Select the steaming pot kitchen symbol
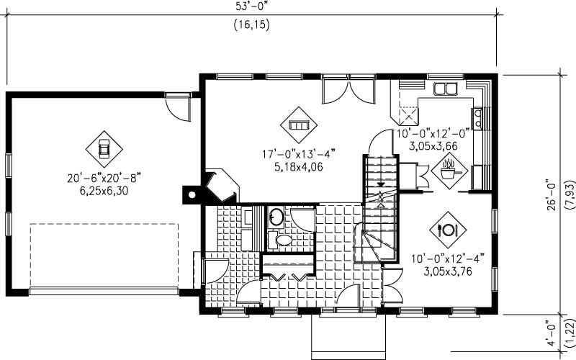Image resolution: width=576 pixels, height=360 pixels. (450, 172)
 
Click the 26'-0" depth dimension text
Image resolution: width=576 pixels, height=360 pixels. (550, 195)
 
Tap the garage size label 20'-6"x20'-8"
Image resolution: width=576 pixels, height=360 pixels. (102, 176)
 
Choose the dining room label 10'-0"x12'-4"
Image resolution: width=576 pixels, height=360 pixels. (449, 258)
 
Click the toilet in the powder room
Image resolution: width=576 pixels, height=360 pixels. (284, 238)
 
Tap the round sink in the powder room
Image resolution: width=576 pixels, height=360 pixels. (276, 215)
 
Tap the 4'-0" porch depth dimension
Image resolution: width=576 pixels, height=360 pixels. (550, 335)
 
